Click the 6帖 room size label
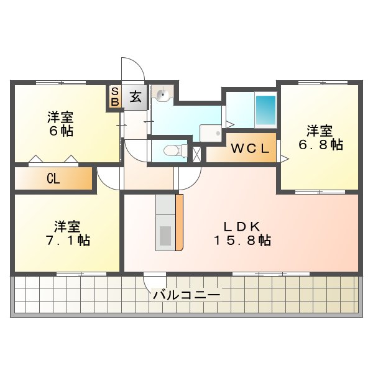60,131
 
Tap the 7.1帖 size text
67,241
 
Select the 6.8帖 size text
320,145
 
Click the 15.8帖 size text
242,241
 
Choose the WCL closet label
251,149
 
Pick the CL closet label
53,179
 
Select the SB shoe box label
115,97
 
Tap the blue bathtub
266,109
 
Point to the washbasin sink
163,95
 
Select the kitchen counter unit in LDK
165,223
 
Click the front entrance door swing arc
132,68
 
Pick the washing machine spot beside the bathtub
211,133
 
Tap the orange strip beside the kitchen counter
180,223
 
